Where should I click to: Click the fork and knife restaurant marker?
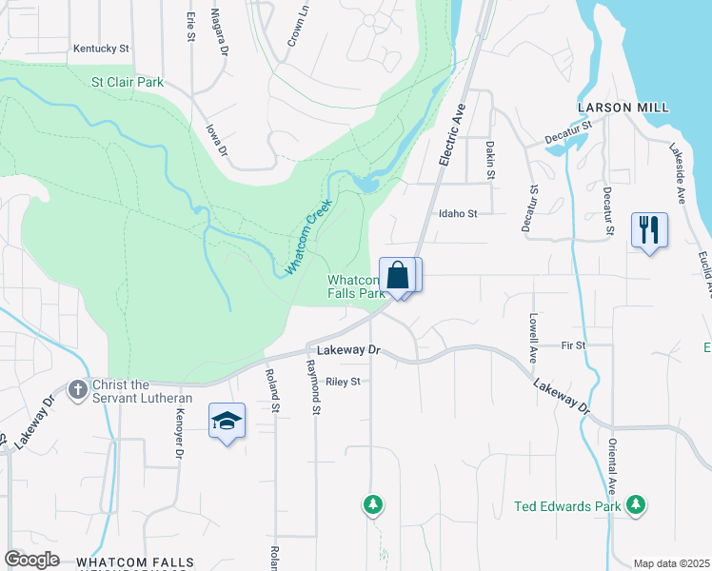click(x=649, y=230)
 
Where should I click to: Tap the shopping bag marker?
click(x=399, y=277)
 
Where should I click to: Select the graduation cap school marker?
click(x=227, y=422)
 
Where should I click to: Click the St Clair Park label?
click(x=128, y=83)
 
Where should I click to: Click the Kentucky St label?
click(x=101, y=48)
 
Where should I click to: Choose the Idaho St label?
click(x=457, y=214)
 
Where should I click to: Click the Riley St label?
click(x=344, y=382)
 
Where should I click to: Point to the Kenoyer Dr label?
click(x=178, y=433)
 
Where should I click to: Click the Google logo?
click(x=31, y=560)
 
